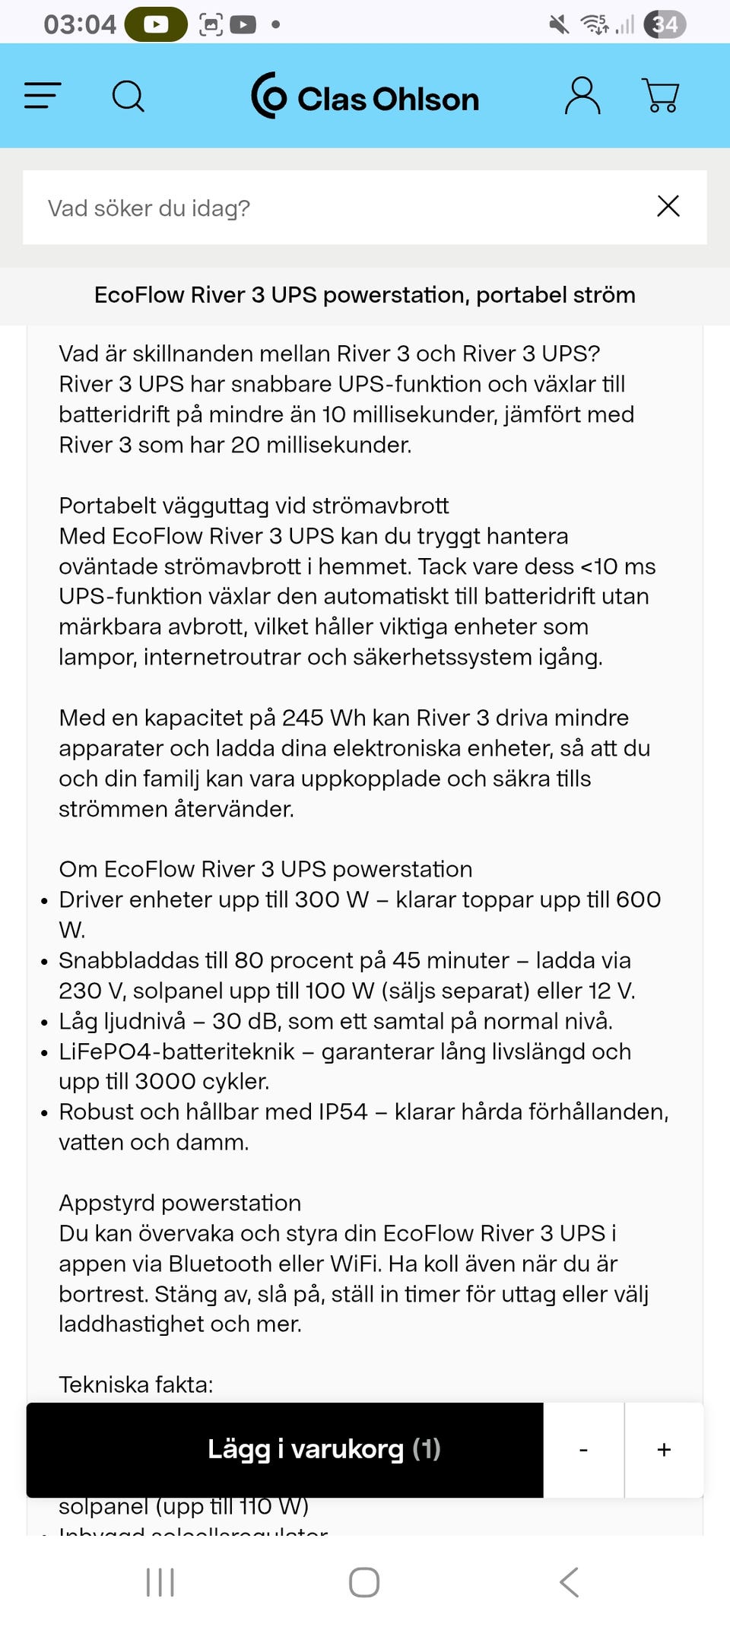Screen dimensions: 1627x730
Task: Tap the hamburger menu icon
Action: [43, 96]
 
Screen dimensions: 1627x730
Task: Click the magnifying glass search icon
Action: [128, 97]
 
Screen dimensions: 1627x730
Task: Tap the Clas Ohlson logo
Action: [365, 97]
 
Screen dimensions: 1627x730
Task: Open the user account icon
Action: [582, 96]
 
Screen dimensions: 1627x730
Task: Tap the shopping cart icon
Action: [660, 96]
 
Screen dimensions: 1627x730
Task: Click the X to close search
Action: [668, 206]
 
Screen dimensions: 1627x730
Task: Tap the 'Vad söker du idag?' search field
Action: [335, 208]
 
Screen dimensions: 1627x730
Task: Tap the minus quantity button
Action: [583, 1450]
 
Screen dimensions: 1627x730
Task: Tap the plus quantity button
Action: [664, 1450]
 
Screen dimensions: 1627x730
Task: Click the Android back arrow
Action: [569, 1582]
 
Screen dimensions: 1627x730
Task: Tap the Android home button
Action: [364, 1582]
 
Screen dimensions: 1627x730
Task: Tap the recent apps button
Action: [160, 1582]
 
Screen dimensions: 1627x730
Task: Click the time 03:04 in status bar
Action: [79, 24]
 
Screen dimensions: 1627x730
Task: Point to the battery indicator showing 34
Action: [665, 24]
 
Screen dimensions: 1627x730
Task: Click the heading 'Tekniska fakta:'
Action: [136, 1384]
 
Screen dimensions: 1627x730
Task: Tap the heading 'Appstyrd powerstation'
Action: [180, 1203]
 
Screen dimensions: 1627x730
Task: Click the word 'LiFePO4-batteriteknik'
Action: [176, 1051]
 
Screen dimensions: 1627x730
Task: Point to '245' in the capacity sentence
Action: [303, 718]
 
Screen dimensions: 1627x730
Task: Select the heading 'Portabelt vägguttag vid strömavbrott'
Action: [254, 506]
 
